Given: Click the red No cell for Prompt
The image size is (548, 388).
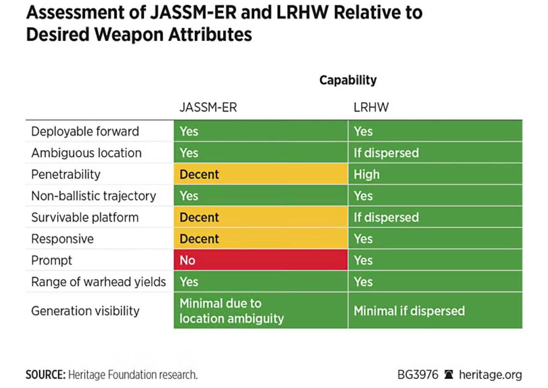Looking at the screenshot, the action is click(261, 260).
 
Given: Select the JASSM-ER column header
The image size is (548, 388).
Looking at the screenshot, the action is click(208, 107).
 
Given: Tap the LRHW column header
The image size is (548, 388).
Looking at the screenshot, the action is click(371, 107).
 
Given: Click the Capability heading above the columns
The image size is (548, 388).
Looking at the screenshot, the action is click(348, 80).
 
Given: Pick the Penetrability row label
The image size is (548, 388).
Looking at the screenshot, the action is click(66, 174).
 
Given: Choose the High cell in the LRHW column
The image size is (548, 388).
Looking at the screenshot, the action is click(435, 174).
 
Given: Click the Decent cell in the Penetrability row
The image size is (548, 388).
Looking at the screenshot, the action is click(261, 174).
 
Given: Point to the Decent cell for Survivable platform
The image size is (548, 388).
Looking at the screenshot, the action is click(261, 217).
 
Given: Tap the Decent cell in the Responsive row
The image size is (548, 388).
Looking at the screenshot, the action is click(261, 238).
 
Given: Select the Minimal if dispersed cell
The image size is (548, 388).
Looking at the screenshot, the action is click(435, 311).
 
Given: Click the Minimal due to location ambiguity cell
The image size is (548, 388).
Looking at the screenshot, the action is click(261, 311).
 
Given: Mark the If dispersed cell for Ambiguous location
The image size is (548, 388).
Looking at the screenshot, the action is click(435, 153).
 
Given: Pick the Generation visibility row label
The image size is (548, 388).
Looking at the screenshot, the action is click(85, 311).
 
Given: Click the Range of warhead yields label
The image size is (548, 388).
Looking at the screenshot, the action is click(98, 281).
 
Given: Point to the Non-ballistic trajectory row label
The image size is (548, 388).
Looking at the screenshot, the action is click(93, 196).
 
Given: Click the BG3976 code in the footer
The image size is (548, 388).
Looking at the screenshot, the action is click(418, 375).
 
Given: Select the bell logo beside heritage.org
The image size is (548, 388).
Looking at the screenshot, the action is click(448, 375).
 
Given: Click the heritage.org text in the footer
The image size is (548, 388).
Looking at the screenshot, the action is click(491, 375).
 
